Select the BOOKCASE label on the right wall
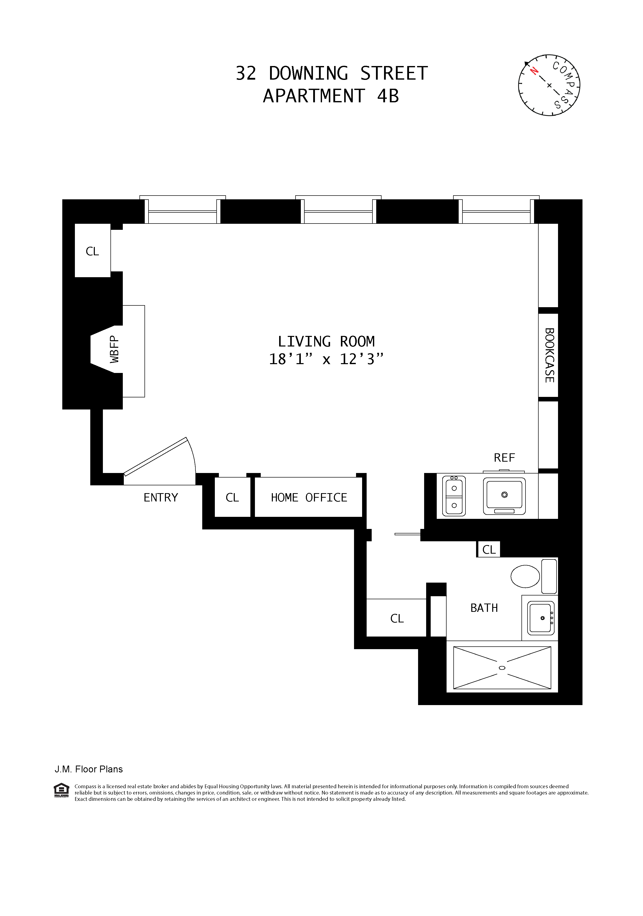pos(549,355)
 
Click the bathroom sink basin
pos(540,618)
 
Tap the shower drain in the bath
pos(502,668)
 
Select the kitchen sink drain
pos(505,495)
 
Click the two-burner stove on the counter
pos(454,496)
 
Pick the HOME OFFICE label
pos(309,497)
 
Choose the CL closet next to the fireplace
pos(92,251)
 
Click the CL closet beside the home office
pos(232,497)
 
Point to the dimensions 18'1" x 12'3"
pos(326,359)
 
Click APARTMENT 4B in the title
pos(331,96)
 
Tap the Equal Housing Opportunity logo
pos(61,790)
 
